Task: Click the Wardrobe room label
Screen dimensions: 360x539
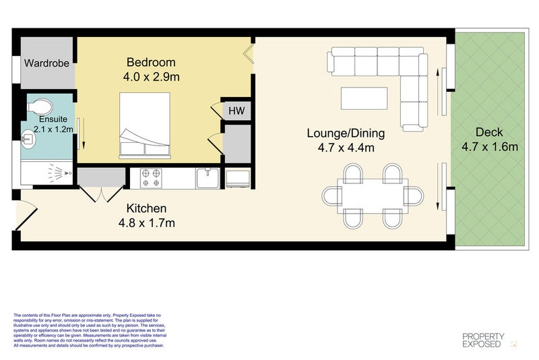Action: [47, 63]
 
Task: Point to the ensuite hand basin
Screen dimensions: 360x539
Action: [29, 140]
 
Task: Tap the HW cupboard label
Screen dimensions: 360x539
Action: [236, 111]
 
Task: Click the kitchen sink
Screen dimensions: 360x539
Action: [208, 179]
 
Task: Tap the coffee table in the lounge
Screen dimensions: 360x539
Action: [364, 98]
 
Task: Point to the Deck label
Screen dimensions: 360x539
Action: [489, 131]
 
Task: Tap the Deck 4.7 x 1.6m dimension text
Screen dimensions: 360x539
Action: [489, 147]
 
